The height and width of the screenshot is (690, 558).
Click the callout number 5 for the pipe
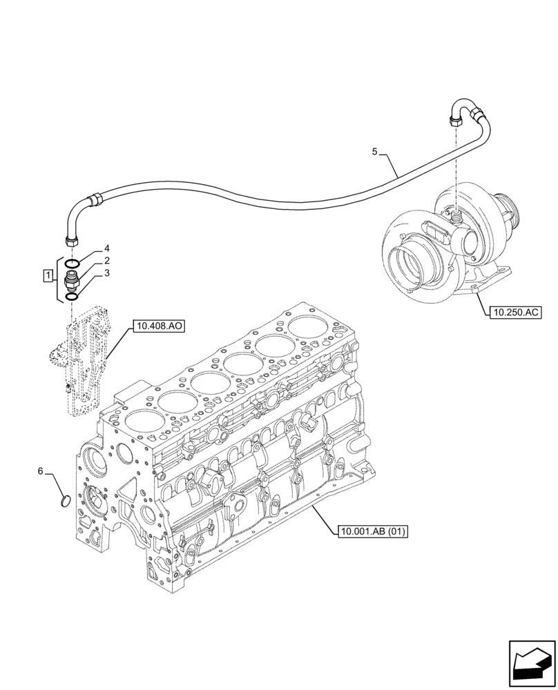pos(375,152)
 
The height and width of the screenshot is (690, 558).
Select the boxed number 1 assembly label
pos(47,277)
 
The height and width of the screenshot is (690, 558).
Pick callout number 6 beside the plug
pos(41,471)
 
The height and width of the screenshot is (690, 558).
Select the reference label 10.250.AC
pos(514,313)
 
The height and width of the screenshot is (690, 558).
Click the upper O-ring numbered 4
pos(71,264)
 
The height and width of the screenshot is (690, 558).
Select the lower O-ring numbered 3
pos(70,297)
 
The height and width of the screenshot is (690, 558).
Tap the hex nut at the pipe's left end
pos(70,240)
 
